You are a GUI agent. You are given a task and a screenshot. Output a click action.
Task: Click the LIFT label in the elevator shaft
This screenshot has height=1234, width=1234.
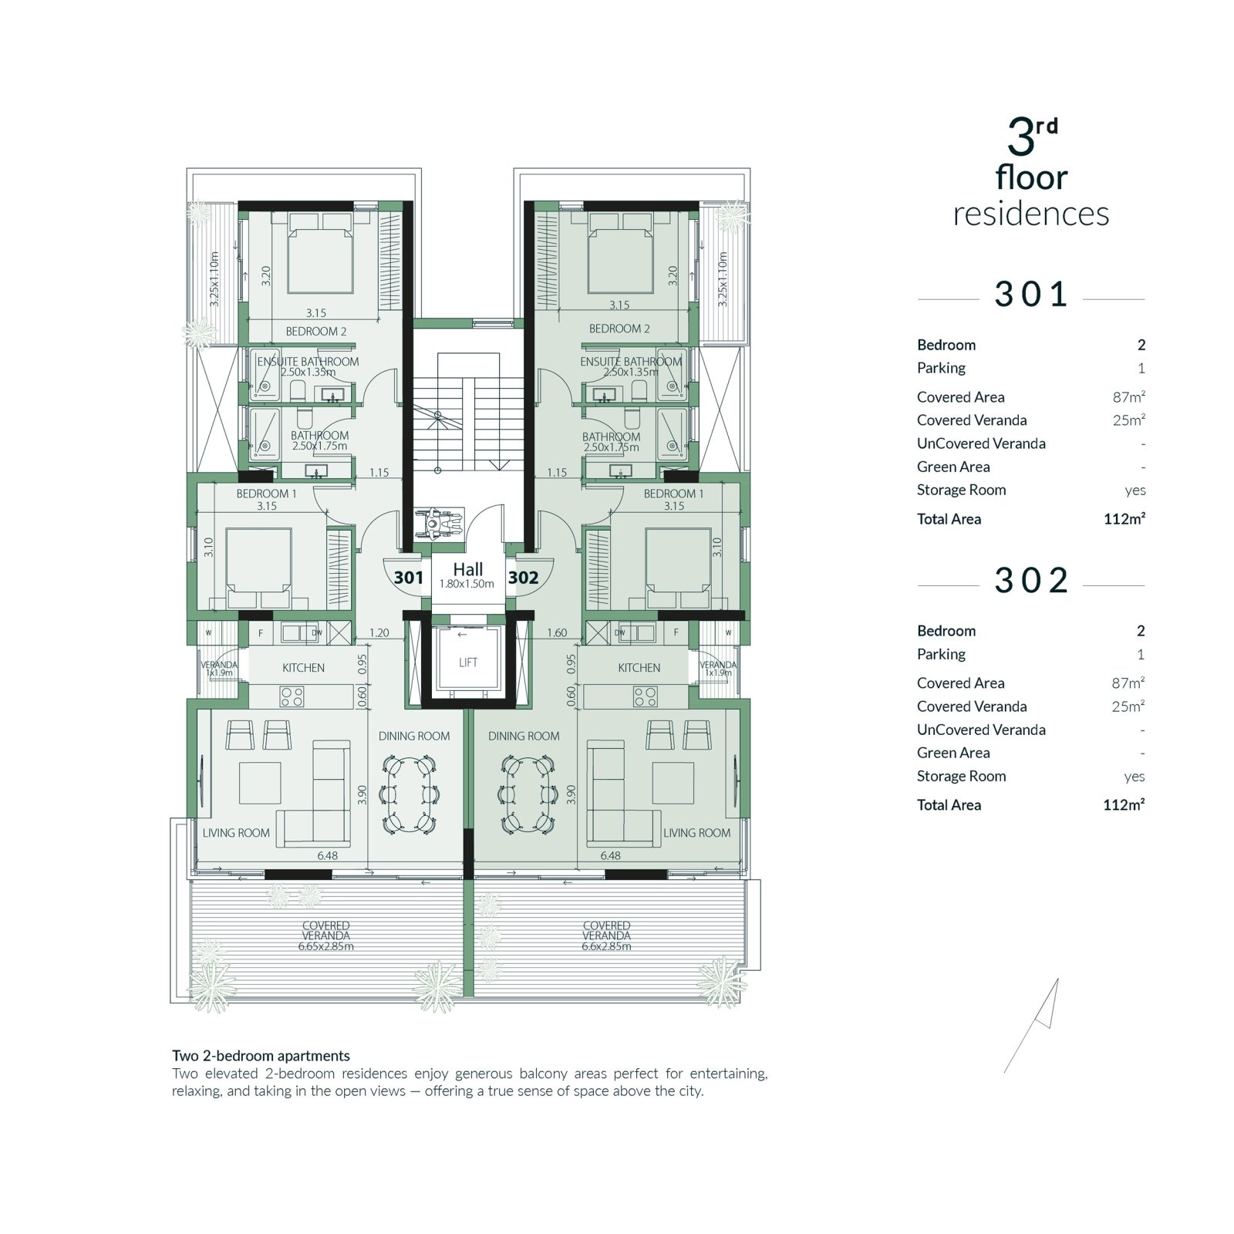click(468, 663)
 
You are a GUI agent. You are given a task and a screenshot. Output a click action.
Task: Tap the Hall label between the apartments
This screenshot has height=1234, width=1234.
click(468, 569)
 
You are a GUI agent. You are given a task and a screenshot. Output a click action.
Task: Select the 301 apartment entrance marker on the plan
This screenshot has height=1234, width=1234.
click(408, 578)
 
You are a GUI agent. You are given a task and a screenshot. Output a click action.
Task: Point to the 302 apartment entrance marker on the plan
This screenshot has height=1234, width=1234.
click(523, 578)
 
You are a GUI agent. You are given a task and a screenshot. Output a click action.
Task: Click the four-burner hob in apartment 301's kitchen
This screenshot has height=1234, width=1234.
click(292, 697)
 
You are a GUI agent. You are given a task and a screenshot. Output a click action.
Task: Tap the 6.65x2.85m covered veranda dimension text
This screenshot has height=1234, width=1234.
click(326, 946)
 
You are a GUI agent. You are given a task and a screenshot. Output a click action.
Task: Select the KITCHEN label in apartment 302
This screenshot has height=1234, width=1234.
click(639, 668)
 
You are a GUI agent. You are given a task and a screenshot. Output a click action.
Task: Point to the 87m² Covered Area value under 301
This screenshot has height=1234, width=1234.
click(1128, 397)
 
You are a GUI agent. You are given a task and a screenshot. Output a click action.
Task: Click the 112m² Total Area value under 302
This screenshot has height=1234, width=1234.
click(1124, 804)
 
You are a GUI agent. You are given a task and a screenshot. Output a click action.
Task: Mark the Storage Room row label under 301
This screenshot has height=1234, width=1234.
click(961, 490)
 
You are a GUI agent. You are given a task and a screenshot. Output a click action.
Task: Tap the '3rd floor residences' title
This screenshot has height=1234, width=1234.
click(1031, 173)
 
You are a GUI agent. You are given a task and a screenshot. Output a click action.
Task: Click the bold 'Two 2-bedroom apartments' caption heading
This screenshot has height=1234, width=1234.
click(261, 1056)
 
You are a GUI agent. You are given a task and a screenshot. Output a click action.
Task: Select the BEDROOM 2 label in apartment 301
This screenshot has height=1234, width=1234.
click(316, 332)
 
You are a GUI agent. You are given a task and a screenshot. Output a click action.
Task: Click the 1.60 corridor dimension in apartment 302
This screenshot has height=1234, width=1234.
click(557, 633)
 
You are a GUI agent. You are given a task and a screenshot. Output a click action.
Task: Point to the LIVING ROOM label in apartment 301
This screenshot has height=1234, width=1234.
click(236, 833)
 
